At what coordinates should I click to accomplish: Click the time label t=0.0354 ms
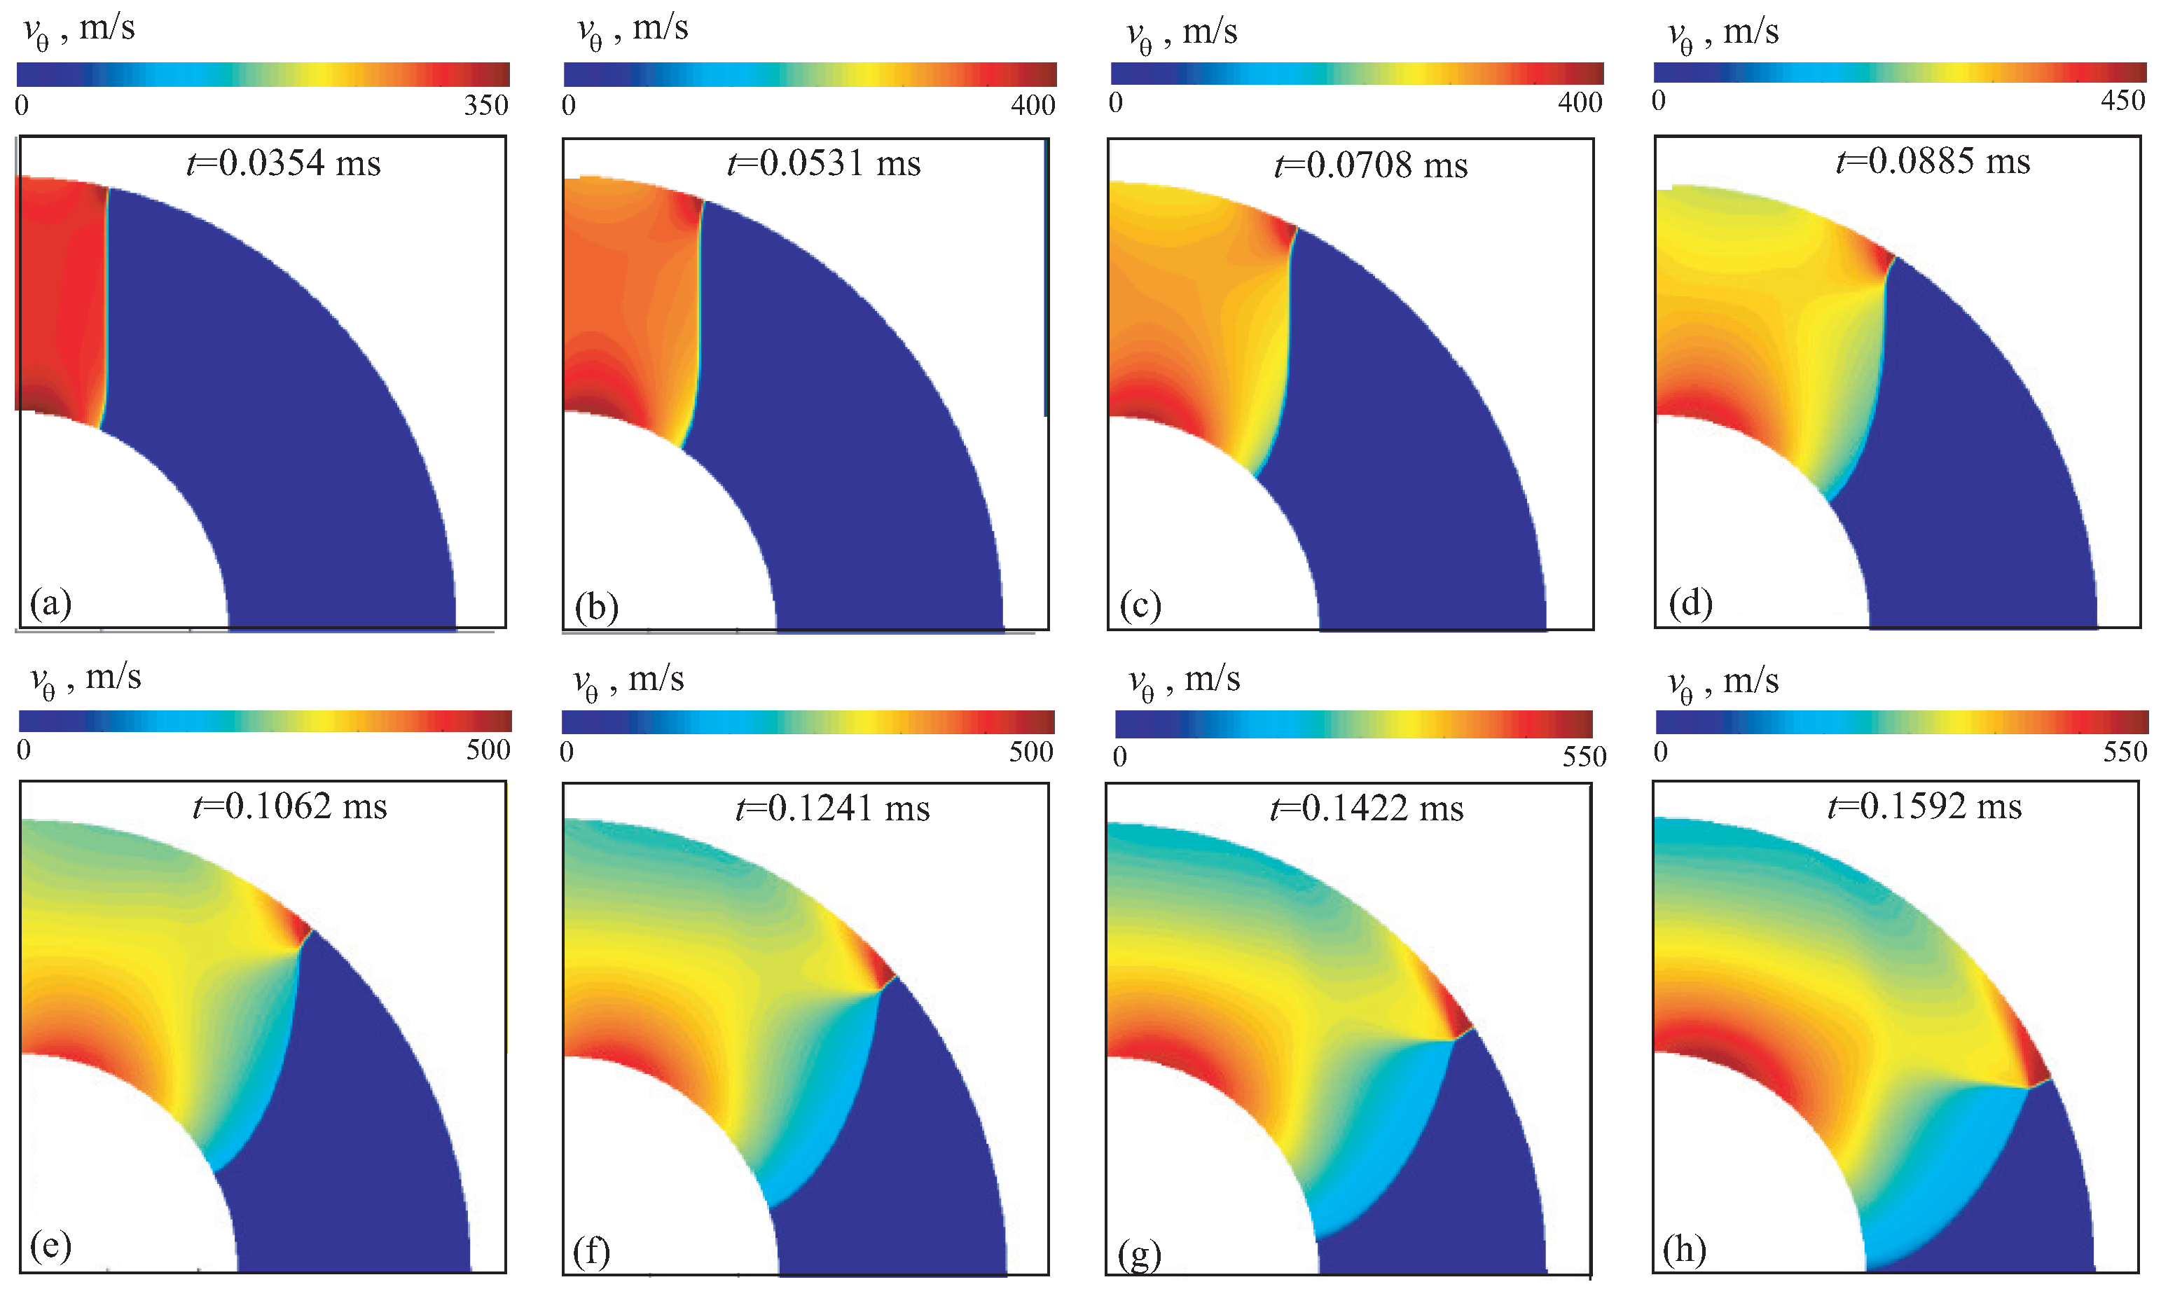click(x=284, y=163)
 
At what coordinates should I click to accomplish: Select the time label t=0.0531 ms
click(x=823, y=163)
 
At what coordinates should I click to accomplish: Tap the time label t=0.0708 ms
click(x=1371, y=165)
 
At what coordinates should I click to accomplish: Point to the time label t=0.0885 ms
click(x=1933, y=162)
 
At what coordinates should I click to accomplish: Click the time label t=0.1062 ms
click(x=289, y=807)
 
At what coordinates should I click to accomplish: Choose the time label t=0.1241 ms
click(x=832, y=808)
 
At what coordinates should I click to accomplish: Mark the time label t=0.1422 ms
click(x=1366, y=808)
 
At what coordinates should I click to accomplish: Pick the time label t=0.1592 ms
click(x=1924, y=807)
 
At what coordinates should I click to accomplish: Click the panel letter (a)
click(x=50, y=602)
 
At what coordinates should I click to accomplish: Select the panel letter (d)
click(x=1690, y=602)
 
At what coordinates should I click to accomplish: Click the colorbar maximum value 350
click(x=485, y=106)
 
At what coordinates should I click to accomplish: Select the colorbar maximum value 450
click(x=2122, y=101)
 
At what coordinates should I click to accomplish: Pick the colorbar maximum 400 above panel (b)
click(x=1033, y=106)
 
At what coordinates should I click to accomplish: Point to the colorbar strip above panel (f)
click(x=808, y=722)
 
